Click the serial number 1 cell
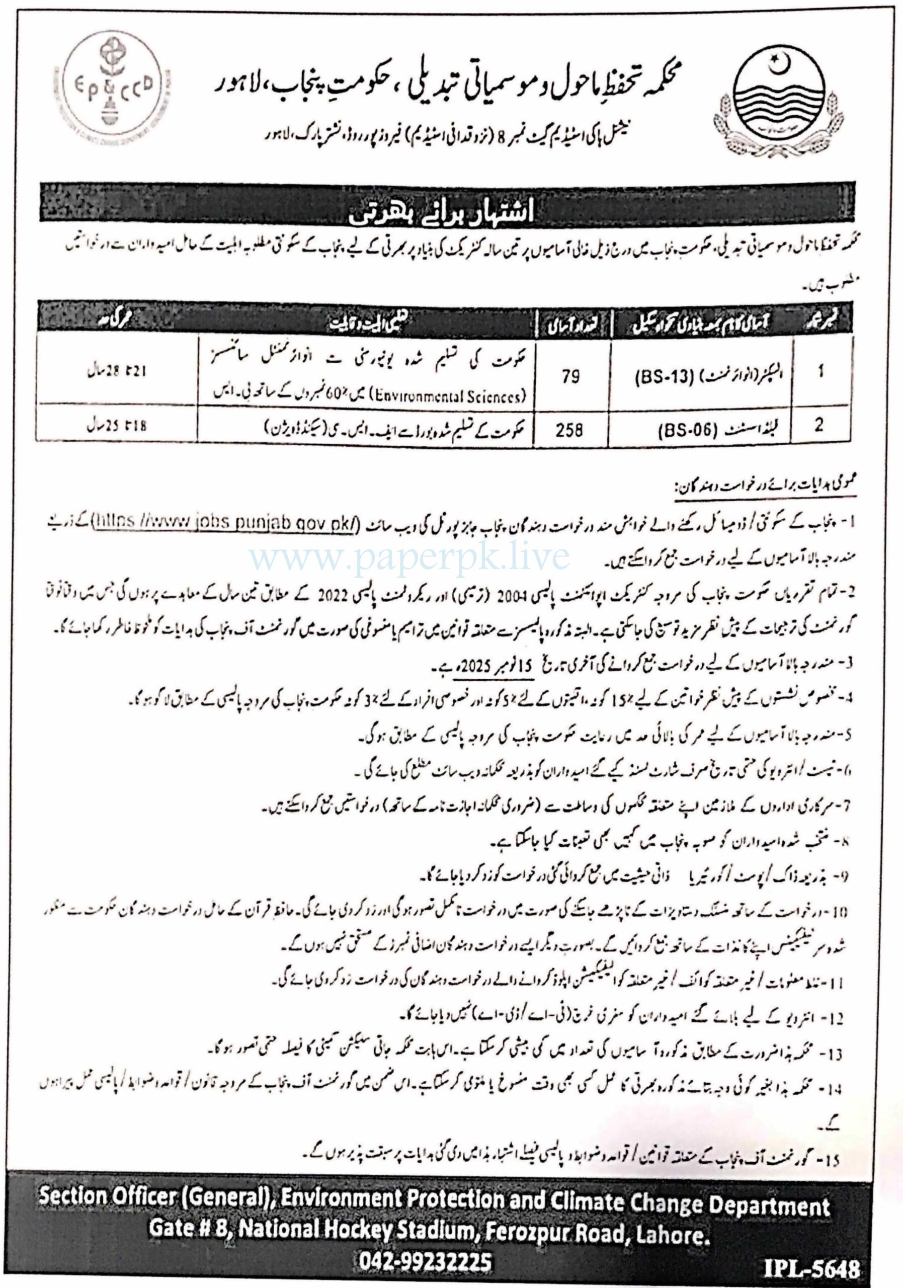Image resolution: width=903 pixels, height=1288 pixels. [820, 371]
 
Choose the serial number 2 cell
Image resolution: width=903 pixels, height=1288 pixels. [819, 425]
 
